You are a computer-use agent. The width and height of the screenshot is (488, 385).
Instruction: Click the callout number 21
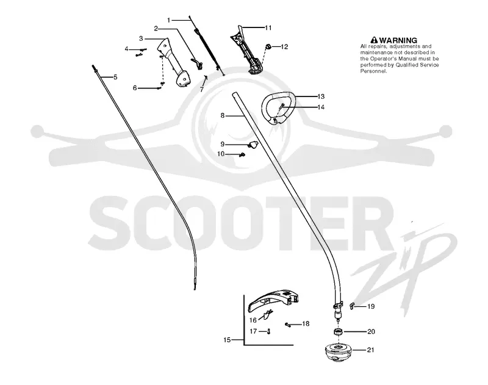(x=370, y=350)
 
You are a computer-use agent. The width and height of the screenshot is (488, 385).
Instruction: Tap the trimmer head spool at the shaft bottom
(x=338, y=352)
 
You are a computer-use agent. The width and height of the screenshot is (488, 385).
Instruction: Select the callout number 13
(x=321, y=96)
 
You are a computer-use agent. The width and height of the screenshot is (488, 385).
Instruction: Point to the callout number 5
(x=115, y=77)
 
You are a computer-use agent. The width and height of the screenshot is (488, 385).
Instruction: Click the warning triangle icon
(x=374, y=40)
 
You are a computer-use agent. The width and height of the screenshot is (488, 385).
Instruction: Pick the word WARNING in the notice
(x=398, y=40)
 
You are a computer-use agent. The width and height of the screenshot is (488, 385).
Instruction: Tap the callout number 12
(x=284, y=47)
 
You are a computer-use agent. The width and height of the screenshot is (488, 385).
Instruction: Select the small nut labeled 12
(x=267, y=47)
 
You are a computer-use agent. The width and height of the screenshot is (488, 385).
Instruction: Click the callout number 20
(x=371, y=331)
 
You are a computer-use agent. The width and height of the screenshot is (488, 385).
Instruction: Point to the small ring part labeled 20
(x=339, y=332)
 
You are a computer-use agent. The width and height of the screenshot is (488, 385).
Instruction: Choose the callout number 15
(x=227, y=340)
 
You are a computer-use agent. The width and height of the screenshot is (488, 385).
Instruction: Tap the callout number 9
(x=223, y=144)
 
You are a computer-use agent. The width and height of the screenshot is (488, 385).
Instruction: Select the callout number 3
(x=141, y=38)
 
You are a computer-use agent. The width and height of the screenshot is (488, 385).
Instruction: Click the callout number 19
(x=371, y=306)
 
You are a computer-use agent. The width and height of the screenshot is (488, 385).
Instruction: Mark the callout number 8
(x=223, y=116)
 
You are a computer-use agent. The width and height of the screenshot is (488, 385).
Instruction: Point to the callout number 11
(x=268, y=27)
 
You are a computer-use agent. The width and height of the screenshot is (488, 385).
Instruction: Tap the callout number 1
(x=169, y=20)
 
